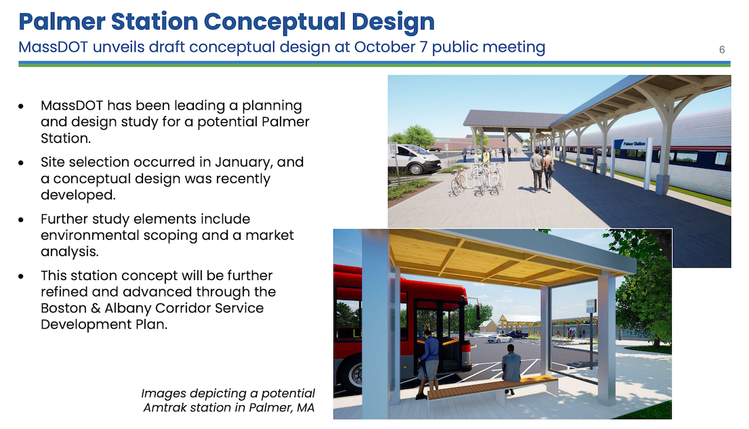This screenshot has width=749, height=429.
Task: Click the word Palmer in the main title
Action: (x=62, y=22)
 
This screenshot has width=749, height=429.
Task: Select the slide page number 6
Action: (x=722, y=49)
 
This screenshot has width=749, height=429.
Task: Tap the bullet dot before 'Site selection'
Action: (x=21, y=163)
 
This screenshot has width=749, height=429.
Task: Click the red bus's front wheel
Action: (x=352, y=375)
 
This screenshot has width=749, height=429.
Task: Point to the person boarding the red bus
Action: (x=428, y=363)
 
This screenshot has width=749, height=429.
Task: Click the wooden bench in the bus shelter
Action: (x=492, y=388)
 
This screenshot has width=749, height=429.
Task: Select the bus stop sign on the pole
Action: (x=591, y=306)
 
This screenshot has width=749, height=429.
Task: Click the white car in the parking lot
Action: (x=500, y=339)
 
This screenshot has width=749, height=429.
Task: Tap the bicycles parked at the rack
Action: (x=478, y=179)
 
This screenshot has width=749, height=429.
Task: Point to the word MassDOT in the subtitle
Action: (x=53, y=47)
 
